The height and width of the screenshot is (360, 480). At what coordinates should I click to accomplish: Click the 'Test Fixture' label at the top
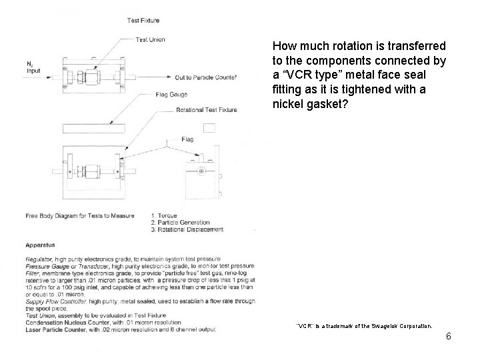143,21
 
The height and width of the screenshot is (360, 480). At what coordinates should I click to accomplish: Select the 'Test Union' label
150,40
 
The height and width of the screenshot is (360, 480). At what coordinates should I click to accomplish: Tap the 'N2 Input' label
33,67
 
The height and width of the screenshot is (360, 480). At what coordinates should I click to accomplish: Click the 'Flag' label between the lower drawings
187,140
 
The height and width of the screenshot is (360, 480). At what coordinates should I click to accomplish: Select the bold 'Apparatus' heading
41,245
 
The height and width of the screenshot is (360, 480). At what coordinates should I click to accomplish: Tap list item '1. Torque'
165,215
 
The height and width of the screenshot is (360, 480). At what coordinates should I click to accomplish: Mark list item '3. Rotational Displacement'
187,229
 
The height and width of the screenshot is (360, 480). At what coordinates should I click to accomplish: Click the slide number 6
449,336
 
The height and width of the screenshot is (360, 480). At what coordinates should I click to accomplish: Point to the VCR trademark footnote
364,327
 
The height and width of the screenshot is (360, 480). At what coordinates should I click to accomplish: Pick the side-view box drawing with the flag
201,179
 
